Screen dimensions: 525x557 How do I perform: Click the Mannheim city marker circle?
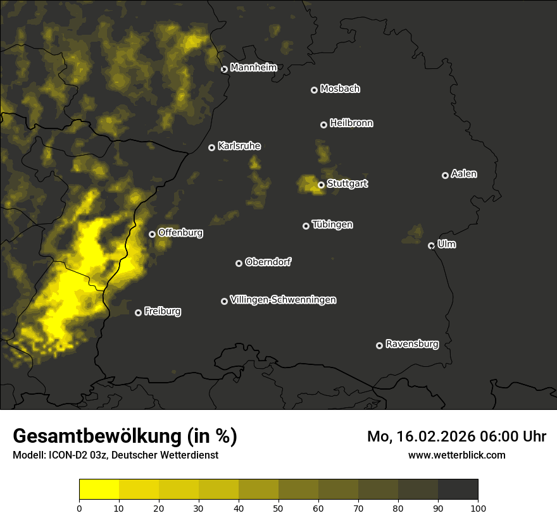coord(224,70)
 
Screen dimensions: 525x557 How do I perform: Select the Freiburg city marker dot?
coord(139,312)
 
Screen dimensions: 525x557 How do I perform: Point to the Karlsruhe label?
coord(239,146)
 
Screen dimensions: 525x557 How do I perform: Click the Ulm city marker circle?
coord(432,245)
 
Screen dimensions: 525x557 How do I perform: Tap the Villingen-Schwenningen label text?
coord(283,300)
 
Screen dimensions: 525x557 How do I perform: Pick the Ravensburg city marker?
coord(380,345)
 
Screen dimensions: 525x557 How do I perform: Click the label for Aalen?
coord(464,174)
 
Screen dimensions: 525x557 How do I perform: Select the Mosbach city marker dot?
coord(314,90)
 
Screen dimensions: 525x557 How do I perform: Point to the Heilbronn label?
coord(351,123)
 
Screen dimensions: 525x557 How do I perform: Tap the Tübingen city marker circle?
coord(306,226)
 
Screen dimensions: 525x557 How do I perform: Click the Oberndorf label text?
coord(268,262)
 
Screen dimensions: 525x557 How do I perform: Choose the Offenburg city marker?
coord(152,234)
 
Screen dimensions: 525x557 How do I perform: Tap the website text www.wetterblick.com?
coord(457,455)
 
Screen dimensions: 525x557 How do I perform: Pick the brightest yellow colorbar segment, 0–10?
coord(99,489)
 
